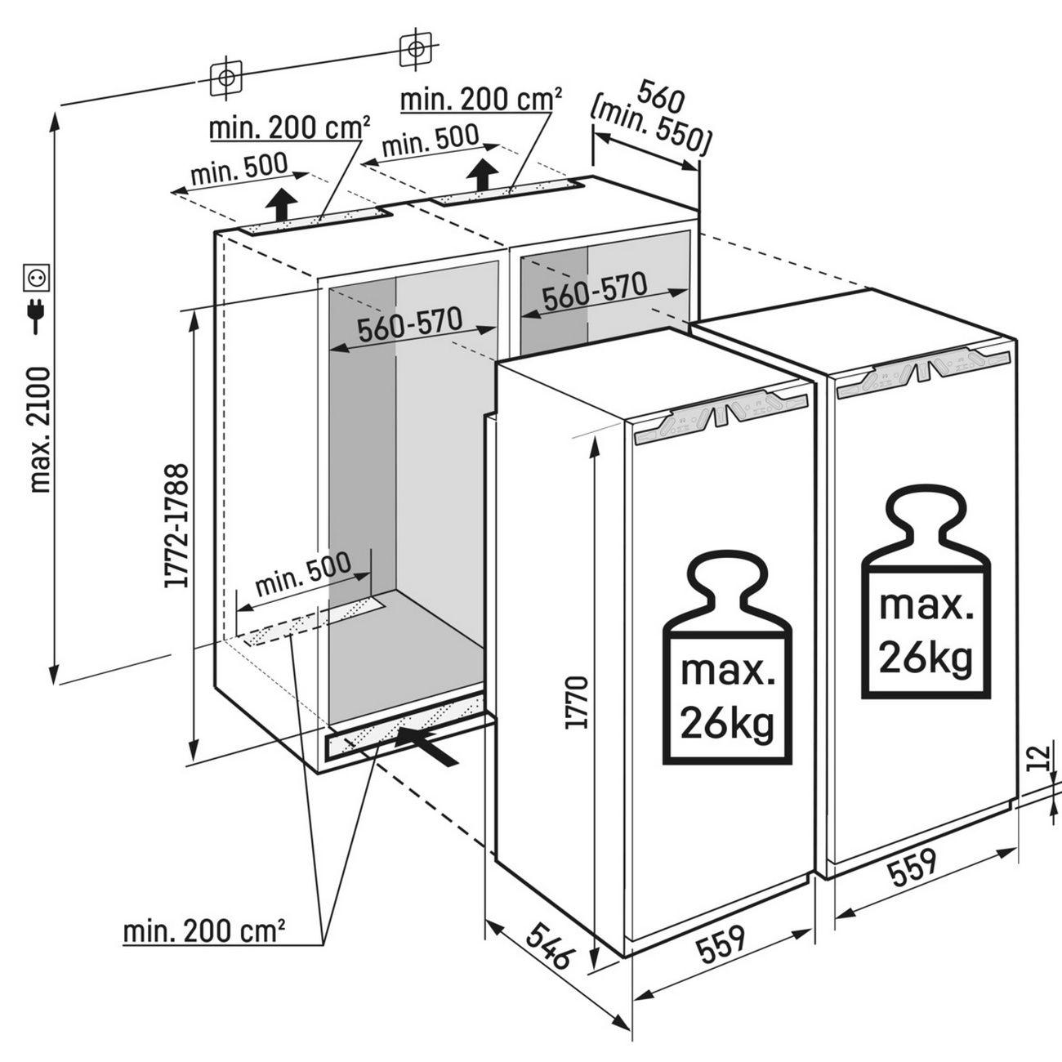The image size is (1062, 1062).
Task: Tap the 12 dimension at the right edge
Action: tap(1038, 759)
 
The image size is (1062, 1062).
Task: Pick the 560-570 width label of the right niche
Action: tap(595, 292)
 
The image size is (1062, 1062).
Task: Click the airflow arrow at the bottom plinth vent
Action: tap(426, 743)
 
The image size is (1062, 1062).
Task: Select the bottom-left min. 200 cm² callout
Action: tap(203, 930)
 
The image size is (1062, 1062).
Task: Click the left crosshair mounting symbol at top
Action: tap(226, 78)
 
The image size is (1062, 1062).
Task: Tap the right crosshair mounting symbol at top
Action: tap(415, 49)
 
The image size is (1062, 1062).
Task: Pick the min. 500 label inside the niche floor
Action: tap(302, 574)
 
